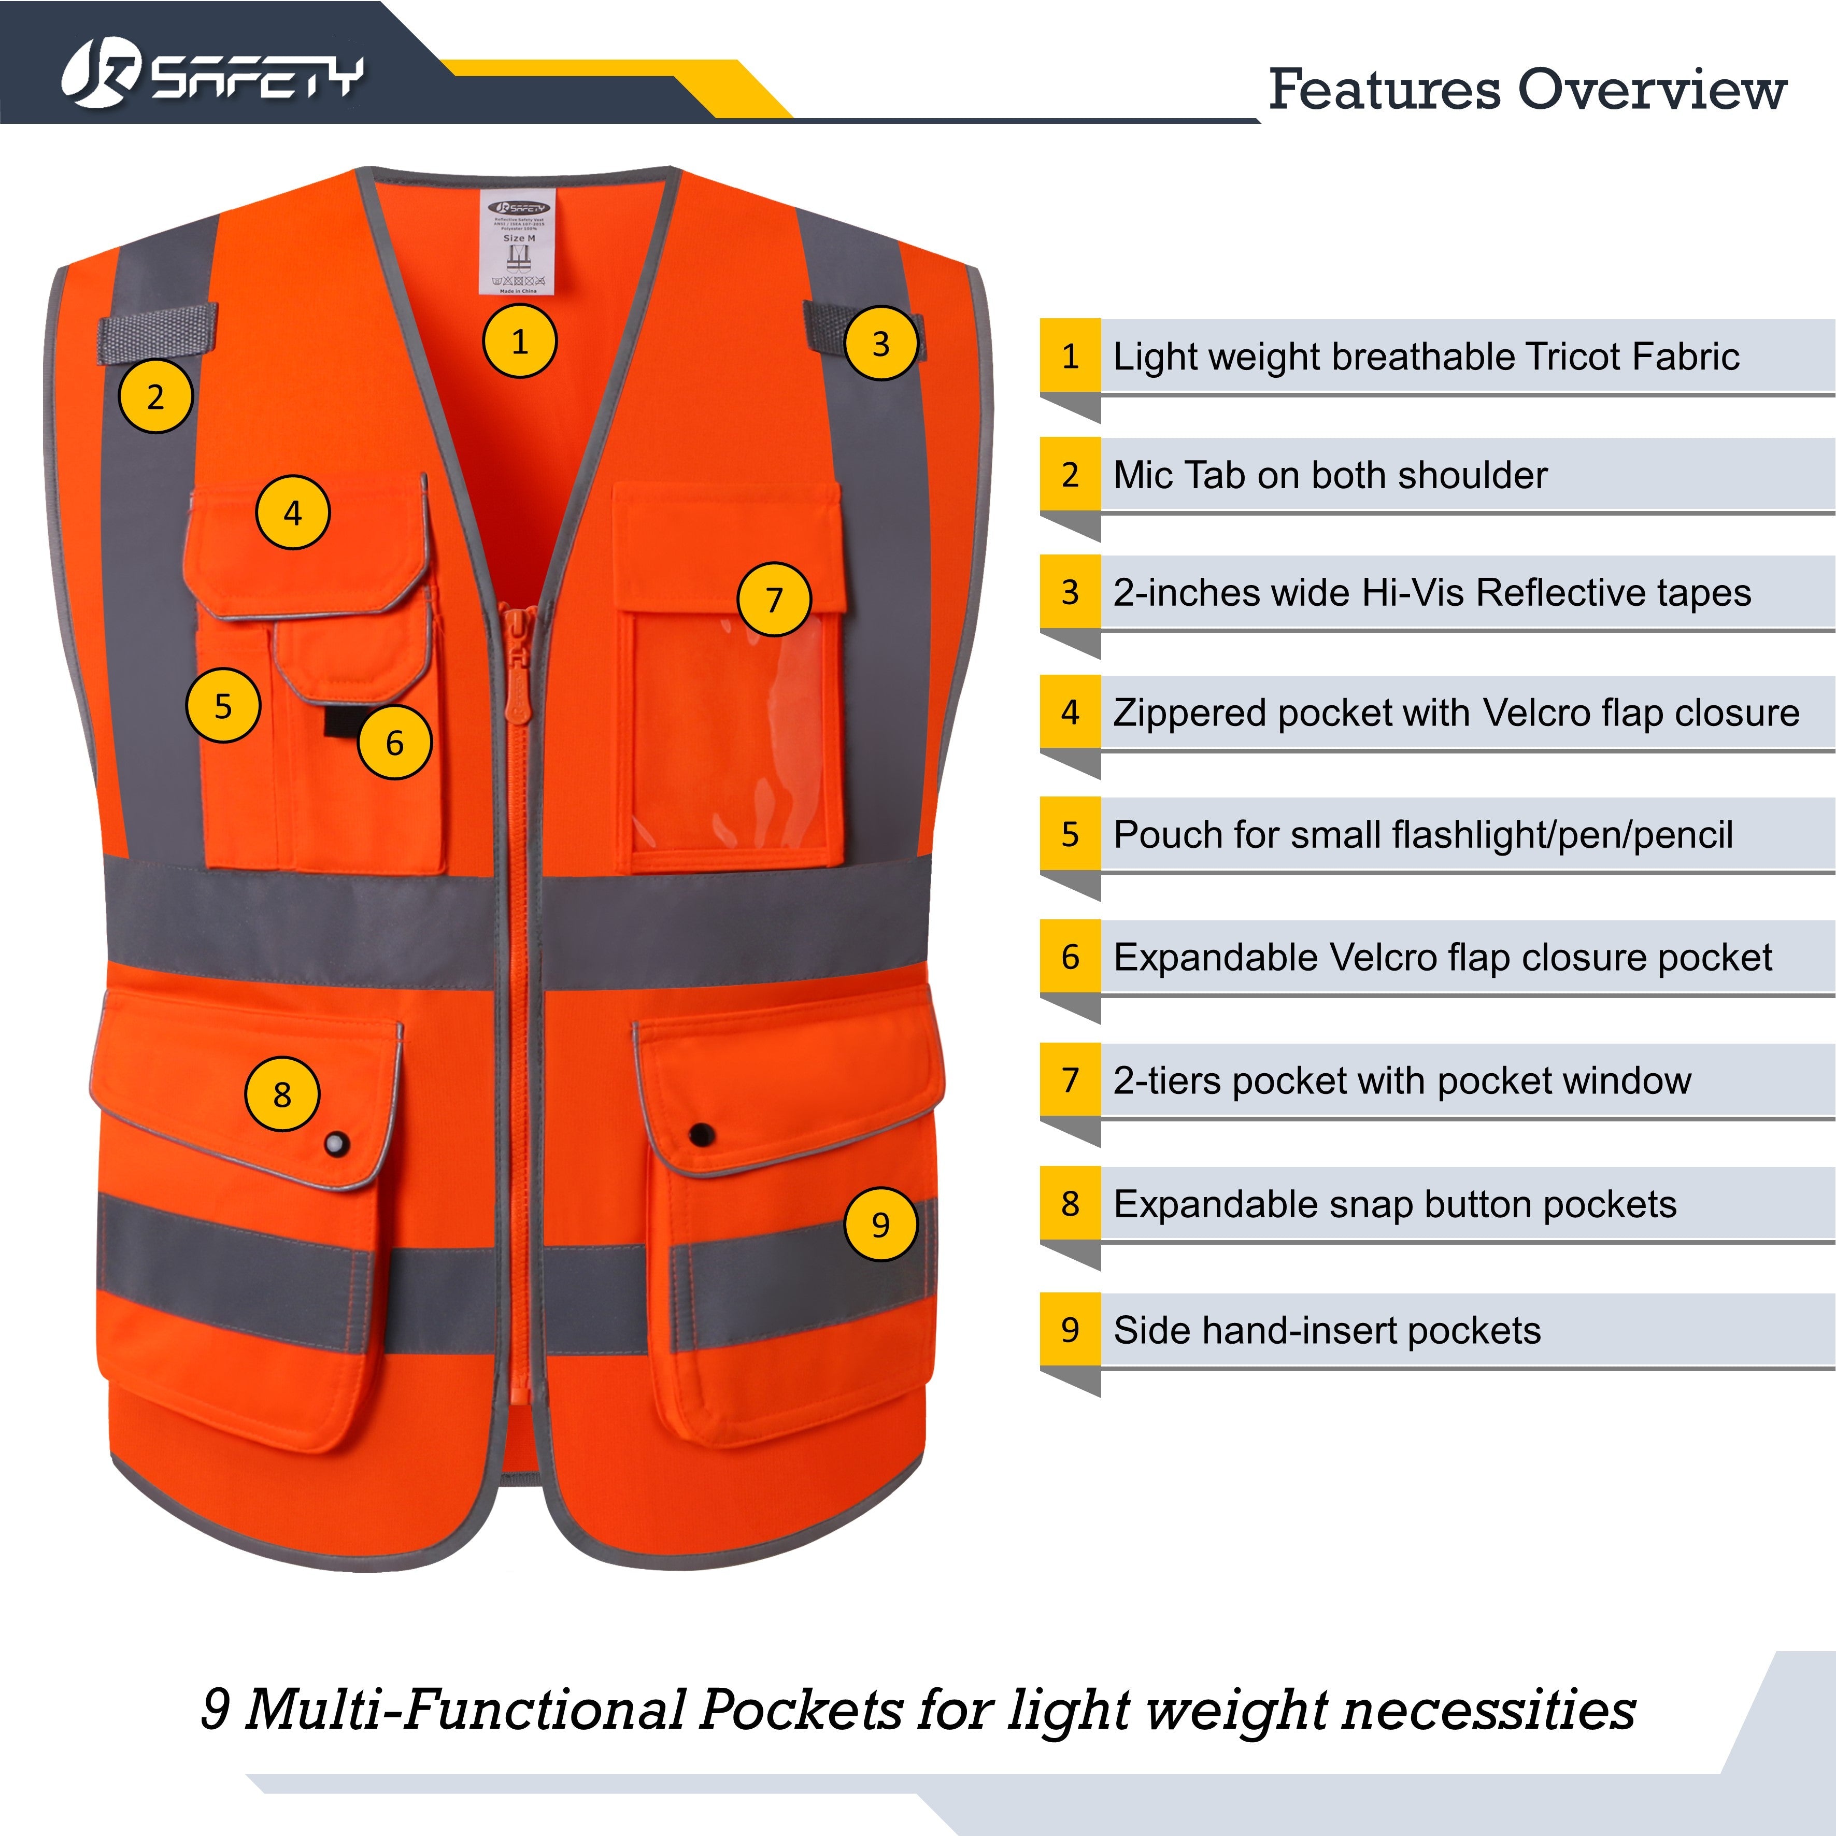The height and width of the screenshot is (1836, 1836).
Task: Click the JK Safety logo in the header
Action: (211, 74)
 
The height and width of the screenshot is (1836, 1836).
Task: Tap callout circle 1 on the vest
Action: (519, 341)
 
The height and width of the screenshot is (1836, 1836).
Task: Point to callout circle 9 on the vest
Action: (880, 1224)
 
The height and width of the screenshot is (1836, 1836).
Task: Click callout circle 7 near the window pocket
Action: (774, 600)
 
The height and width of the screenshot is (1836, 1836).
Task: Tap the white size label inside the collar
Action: (518, 245)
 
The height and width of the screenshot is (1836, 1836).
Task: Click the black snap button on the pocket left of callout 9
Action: (701, 1134)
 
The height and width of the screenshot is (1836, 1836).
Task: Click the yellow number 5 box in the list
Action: (1070, 834)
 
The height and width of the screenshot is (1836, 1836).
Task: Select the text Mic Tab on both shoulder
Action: (1330, 475)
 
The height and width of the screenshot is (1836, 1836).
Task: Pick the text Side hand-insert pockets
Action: (1327, 1330)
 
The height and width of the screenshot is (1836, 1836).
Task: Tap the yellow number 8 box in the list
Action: (1070, 1204)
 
